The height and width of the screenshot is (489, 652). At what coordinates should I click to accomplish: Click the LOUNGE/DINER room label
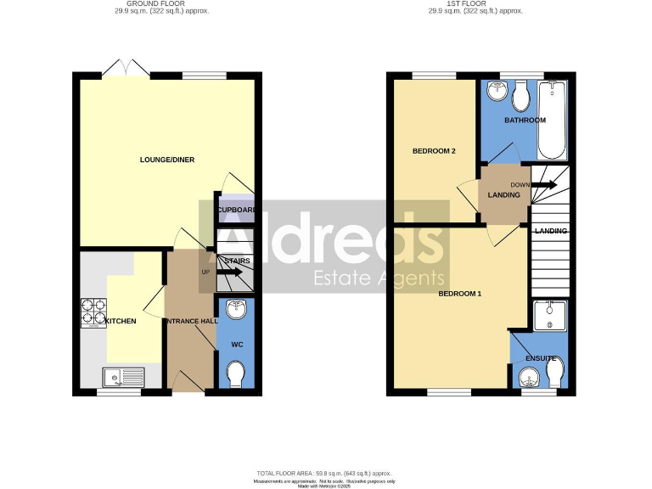coord(161,160)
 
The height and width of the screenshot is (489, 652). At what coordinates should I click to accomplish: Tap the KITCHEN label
coord(120,321)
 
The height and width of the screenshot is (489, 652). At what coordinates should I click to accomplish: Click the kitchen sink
coord(120,374)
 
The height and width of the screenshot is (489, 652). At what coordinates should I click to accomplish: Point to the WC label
coord(237,346)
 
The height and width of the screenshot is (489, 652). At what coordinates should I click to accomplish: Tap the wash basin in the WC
coord(237,310)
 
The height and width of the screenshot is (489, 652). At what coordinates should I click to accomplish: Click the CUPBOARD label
coord(237,210)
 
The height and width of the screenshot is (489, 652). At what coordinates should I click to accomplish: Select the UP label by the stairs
coord(205,272)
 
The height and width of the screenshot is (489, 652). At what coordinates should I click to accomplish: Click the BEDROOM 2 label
coord(435,151)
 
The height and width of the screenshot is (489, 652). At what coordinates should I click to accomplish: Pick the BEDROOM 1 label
coord(459,294)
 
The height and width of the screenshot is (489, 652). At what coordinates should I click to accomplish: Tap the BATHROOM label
coord(525,121)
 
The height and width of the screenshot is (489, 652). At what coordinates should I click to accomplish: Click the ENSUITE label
coord(541,358)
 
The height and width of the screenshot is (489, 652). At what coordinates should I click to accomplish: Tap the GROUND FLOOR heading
coord(161,5)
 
